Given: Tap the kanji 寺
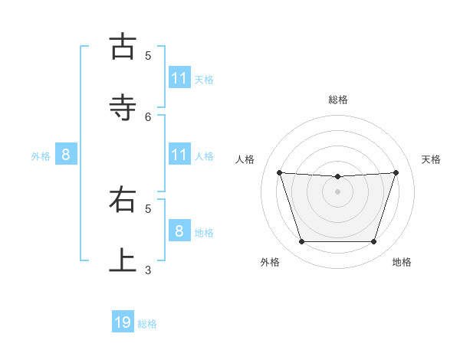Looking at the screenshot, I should point(123,107).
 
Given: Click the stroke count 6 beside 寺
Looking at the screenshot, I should point(148,116).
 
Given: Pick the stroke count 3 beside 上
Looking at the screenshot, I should point(148,270).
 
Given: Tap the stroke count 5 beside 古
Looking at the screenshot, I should point(148,55).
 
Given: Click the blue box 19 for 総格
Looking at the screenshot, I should point(123,322).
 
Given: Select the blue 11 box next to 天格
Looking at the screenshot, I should point(179,77).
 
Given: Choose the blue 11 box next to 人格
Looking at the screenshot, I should point(179,155).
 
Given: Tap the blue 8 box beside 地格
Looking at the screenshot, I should point(179,231).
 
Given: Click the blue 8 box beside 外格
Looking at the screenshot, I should point(66,155).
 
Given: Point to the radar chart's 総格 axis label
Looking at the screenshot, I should point(338,100).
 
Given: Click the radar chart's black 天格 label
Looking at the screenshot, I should point(432,159).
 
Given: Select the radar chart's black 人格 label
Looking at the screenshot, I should point(245,159).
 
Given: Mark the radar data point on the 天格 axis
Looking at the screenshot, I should point(396,172).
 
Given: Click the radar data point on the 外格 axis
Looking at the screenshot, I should point(301,242).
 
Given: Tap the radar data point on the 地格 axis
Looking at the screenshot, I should point(373,242).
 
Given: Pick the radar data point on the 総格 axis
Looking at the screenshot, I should point(338,177).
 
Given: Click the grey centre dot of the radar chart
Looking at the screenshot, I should point(338,191).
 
